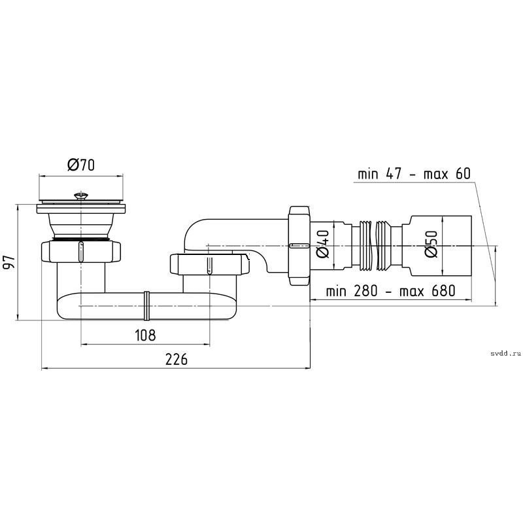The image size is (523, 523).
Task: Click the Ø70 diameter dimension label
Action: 81,165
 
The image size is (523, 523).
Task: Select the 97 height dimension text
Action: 8,262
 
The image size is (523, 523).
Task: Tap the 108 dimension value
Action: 145,335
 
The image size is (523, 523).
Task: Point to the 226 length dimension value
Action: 177,359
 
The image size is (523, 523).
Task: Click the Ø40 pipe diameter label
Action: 322,244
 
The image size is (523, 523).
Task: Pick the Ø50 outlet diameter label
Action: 431,244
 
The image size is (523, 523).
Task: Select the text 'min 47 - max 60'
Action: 414,174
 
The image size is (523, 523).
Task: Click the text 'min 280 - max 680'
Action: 390,291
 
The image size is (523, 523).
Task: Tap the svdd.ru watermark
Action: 505,354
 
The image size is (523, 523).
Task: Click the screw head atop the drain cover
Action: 80,195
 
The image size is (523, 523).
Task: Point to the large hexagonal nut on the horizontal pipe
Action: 299,246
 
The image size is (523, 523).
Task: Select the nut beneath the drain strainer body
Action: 80,252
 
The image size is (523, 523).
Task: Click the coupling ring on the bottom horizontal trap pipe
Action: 146,305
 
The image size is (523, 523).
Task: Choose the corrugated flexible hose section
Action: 377,245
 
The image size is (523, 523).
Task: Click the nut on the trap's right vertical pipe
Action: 209,264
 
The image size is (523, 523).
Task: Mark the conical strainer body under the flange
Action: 81,226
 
